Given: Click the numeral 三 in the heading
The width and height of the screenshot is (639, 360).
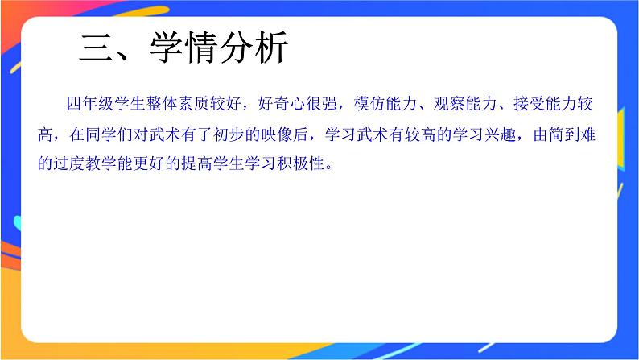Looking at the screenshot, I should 97,49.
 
